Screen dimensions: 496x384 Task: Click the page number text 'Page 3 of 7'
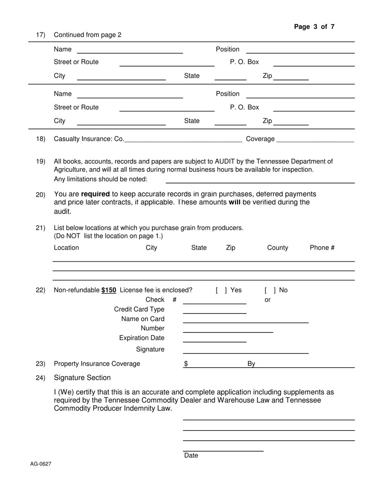click(314, 27)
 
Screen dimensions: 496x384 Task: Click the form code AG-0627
click(40, 464)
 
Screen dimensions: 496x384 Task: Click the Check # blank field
click(214, 300)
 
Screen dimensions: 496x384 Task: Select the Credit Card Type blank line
click(214, 310)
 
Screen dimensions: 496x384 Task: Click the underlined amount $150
click(109, 290)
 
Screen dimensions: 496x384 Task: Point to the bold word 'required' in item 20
click(95, 194)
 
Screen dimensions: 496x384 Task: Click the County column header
click(277, 248)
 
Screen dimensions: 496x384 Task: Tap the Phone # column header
click(322, 248)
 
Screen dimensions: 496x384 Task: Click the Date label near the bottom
click(191, 456)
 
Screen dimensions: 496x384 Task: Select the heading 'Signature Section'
click(82, 378)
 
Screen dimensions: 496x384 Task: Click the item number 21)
click(40, 228)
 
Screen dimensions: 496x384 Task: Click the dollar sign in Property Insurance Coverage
click(186, 364)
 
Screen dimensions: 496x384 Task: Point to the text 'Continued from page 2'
click(87, 35)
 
